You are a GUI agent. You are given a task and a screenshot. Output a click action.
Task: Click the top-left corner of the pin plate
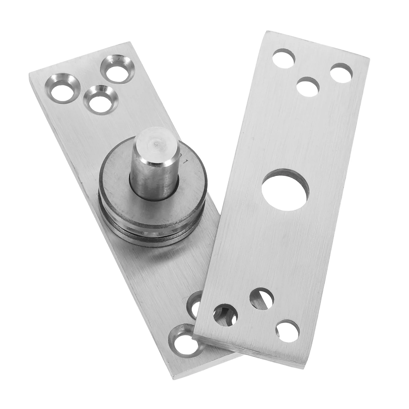pyautogui.click(x=29, y=73)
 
